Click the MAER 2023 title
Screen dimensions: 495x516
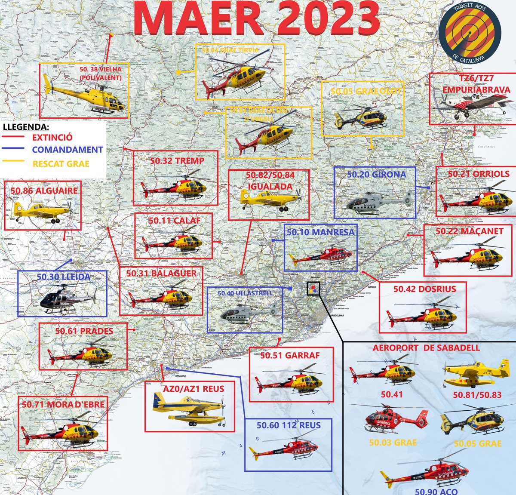click(x=256, y=19)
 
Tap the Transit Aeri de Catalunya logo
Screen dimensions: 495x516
click(x=470, y=34)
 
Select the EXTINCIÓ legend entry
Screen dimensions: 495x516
click(x=52, y=138)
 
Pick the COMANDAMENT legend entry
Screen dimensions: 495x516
click(x=67, y=150)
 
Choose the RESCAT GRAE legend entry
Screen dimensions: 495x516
click(x=61, y=164)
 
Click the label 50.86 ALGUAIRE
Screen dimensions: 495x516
click(x=44, y=191)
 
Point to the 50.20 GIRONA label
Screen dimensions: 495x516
click(x=376, y=175)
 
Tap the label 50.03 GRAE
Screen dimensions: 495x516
click(x=393, y=443)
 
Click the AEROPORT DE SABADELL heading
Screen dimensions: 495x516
click(x=426, y=348)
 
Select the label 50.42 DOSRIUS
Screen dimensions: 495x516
click(x=425, y=289)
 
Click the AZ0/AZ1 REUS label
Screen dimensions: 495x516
click(x=193, y=389)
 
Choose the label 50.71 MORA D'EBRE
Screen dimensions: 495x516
click(x=63, y=405)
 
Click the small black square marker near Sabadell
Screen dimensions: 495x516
click(x=313, y=289)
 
